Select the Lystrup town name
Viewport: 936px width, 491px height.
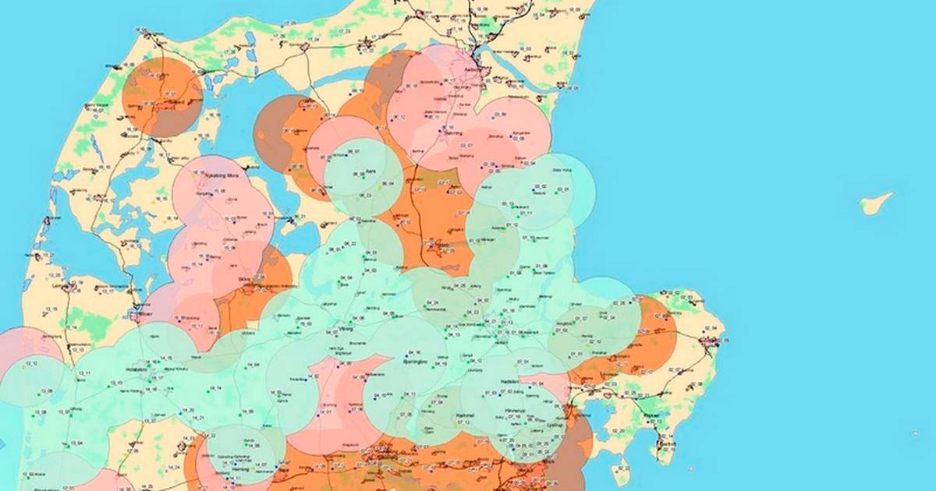coord(555,426)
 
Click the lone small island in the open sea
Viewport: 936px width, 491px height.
coord(876,203)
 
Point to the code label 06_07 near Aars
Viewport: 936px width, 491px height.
coord(353,151)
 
